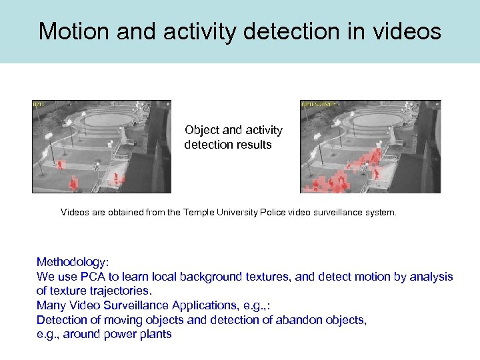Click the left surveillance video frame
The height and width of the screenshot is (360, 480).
pos(101,147)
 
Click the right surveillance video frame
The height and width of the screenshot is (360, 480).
pos(371,147)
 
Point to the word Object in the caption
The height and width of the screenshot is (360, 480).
pos(202,130)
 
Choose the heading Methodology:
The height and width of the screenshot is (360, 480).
pos(71,262)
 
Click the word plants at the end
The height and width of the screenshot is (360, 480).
pos(155,334)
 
